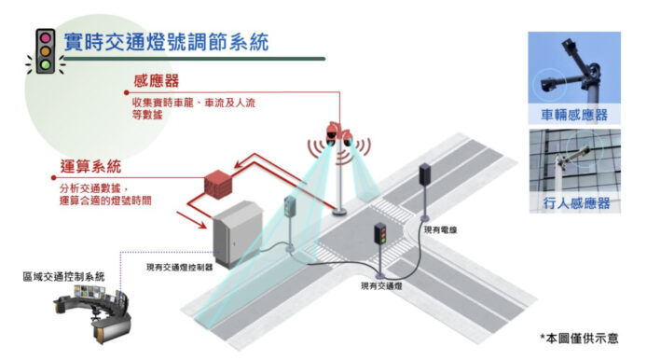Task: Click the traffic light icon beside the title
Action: click(x=45, y=51)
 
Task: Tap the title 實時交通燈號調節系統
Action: click(x=166, y=42)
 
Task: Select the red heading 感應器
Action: click(x=156, y=80)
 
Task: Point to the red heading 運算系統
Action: click(x=90, y=166)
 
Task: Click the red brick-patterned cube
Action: click(x=218, y=184)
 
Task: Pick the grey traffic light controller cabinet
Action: click(x=237, y=233)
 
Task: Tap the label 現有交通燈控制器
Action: click(x=180, y=268)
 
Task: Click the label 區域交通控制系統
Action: click(x=63, y=276)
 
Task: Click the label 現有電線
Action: click(x=440, y=230)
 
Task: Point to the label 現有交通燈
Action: click(x=381, y=285)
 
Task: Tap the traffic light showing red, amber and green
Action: click(x=380, y=234)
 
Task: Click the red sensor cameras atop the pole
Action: click(x=338, y=134)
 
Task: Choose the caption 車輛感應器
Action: click(x=574, y=115)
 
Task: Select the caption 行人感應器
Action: click(x=576, y=202)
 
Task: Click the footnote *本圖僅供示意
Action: click(x=579, y=339)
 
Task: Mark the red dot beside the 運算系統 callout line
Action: click(x=54, y=177)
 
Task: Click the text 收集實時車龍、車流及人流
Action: click(x=194, y=103)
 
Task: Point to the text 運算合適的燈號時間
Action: click(x=105, y=201)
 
